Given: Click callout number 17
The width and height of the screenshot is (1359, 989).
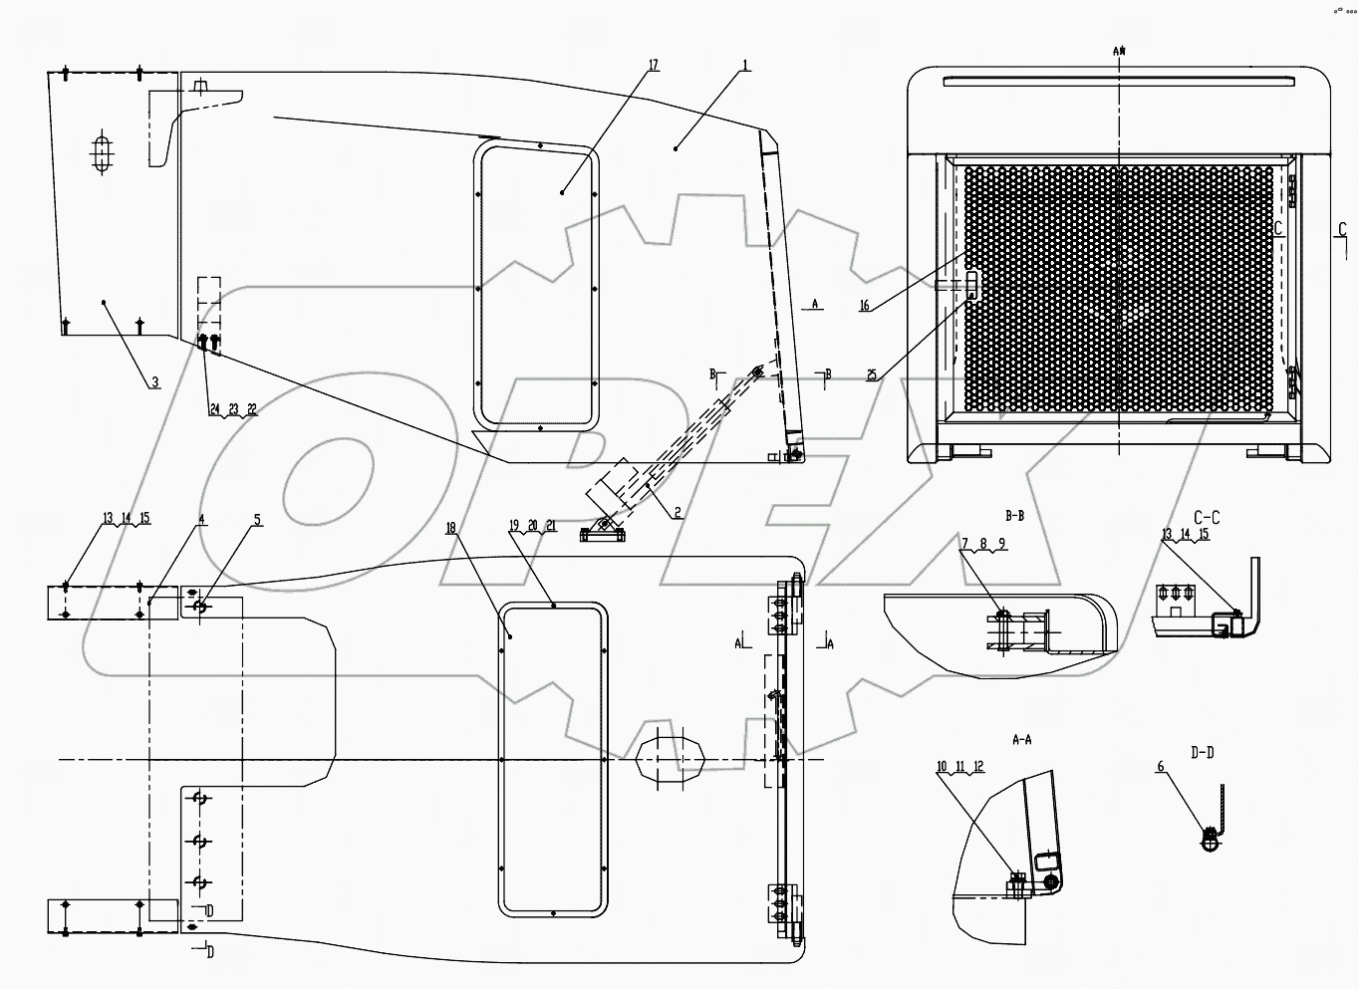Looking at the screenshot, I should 654,65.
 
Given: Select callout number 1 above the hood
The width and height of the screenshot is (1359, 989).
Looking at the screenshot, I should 745,65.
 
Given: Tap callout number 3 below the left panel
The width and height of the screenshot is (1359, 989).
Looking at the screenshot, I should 154,381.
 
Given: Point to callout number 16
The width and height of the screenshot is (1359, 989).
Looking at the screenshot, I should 865,306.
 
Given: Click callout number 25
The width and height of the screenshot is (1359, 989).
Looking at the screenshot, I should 872,375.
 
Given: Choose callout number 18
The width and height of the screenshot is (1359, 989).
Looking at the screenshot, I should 452,527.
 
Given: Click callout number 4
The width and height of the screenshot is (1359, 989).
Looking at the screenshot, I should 201,519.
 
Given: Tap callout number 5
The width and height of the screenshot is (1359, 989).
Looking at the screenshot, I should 257,519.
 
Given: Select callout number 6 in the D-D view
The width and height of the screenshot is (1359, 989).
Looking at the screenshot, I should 1160,766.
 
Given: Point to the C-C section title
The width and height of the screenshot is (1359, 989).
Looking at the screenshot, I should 1206,517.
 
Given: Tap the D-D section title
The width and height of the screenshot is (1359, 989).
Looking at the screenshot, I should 1203,752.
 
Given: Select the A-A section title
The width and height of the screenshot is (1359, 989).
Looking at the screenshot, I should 1021,739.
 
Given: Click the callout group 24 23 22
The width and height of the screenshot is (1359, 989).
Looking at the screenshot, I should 232,409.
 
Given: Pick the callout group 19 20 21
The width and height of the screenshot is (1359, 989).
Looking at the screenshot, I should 532,525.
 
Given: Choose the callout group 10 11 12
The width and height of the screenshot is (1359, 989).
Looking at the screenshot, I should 959,766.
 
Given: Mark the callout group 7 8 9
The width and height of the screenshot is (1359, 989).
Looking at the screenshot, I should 983,544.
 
